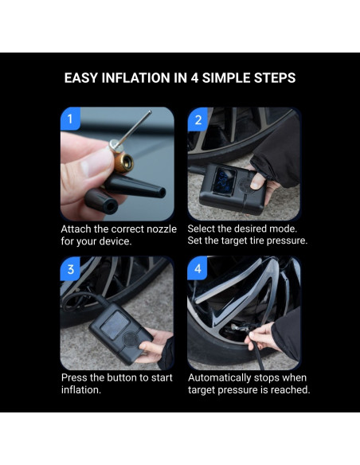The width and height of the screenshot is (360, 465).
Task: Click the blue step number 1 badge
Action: click(70, 119)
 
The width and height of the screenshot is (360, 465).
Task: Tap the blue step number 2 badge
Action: click(198, 119)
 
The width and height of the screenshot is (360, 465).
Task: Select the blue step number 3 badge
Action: click(70, 269)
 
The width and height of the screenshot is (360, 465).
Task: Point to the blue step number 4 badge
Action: click(198, 269)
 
